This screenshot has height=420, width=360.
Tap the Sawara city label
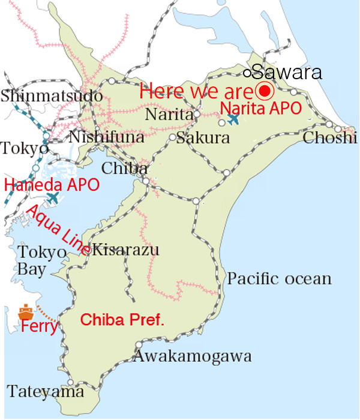(287, 73)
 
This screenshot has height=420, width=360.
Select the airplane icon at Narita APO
(233, 119)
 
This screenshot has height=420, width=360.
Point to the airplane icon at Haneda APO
(53, 197)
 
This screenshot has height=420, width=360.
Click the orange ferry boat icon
(26, 312)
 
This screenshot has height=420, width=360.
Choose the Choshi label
(330, 138)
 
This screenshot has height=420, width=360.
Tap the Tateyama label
(46, 392)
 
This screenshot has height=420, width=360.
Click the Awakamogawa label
(192, 356)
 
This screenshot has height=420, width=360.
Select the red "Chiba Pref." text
(122, 320)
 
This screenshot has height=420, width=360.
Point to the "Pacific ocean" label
(279, 278)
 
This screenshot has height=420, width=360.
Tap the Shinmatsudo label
(52, 95)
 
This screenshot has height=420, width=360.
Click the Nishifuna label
(107, 137)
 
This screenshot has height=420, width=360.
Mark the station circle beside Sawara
(247, 73)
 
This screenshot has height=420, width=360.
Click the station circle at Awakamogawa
(139, 344)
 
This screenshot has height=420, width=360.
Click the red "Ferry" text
(38, 327)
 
